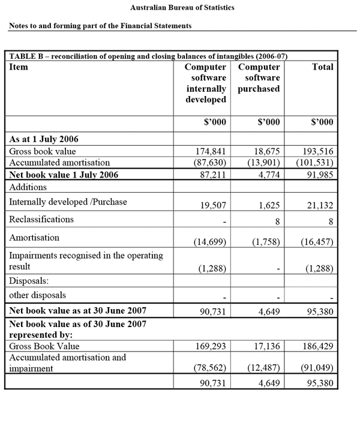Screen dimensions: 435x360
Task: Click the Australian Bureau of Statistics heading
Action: [182, 8]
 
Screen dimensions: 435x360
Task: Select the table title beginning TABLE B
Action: [148, 56]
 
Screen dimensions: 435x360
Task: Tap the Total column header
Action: [323, 67]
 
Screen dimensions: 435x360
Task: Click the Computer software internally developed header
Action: [206, 83]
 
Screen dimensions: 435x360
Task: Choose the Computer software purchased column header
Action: [259, 78]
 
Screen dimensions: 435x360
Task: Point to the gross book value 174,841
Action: [211, 151]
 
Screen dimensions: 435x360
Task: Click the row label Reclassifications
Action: [41, 220]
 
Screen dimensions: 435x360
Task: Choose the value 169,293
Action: [211, 347]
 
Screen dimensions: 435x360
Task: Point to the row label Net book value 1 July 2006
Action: [64, 175]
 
